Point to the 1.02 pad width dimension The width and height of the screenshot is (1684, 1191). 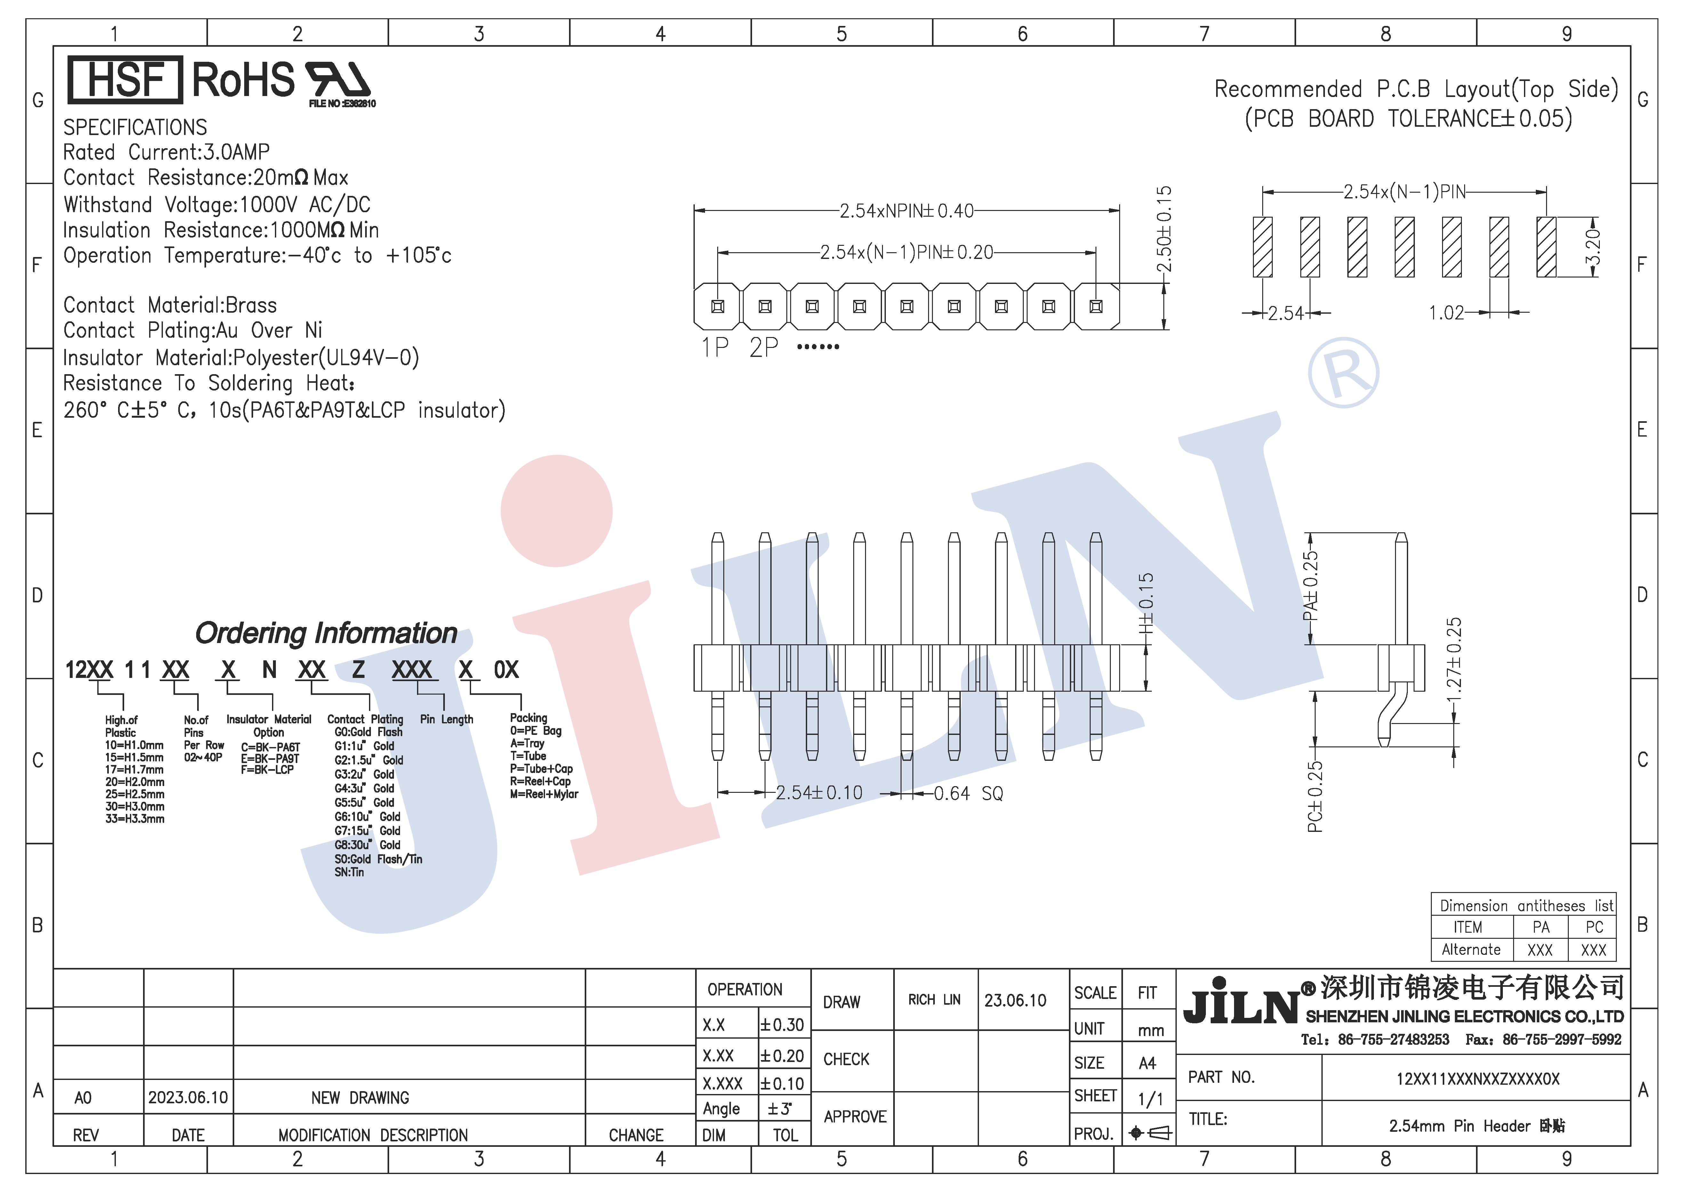(1446, 313)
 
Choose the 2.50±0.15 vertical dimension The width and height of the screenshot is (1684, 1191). (1164, 229)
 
